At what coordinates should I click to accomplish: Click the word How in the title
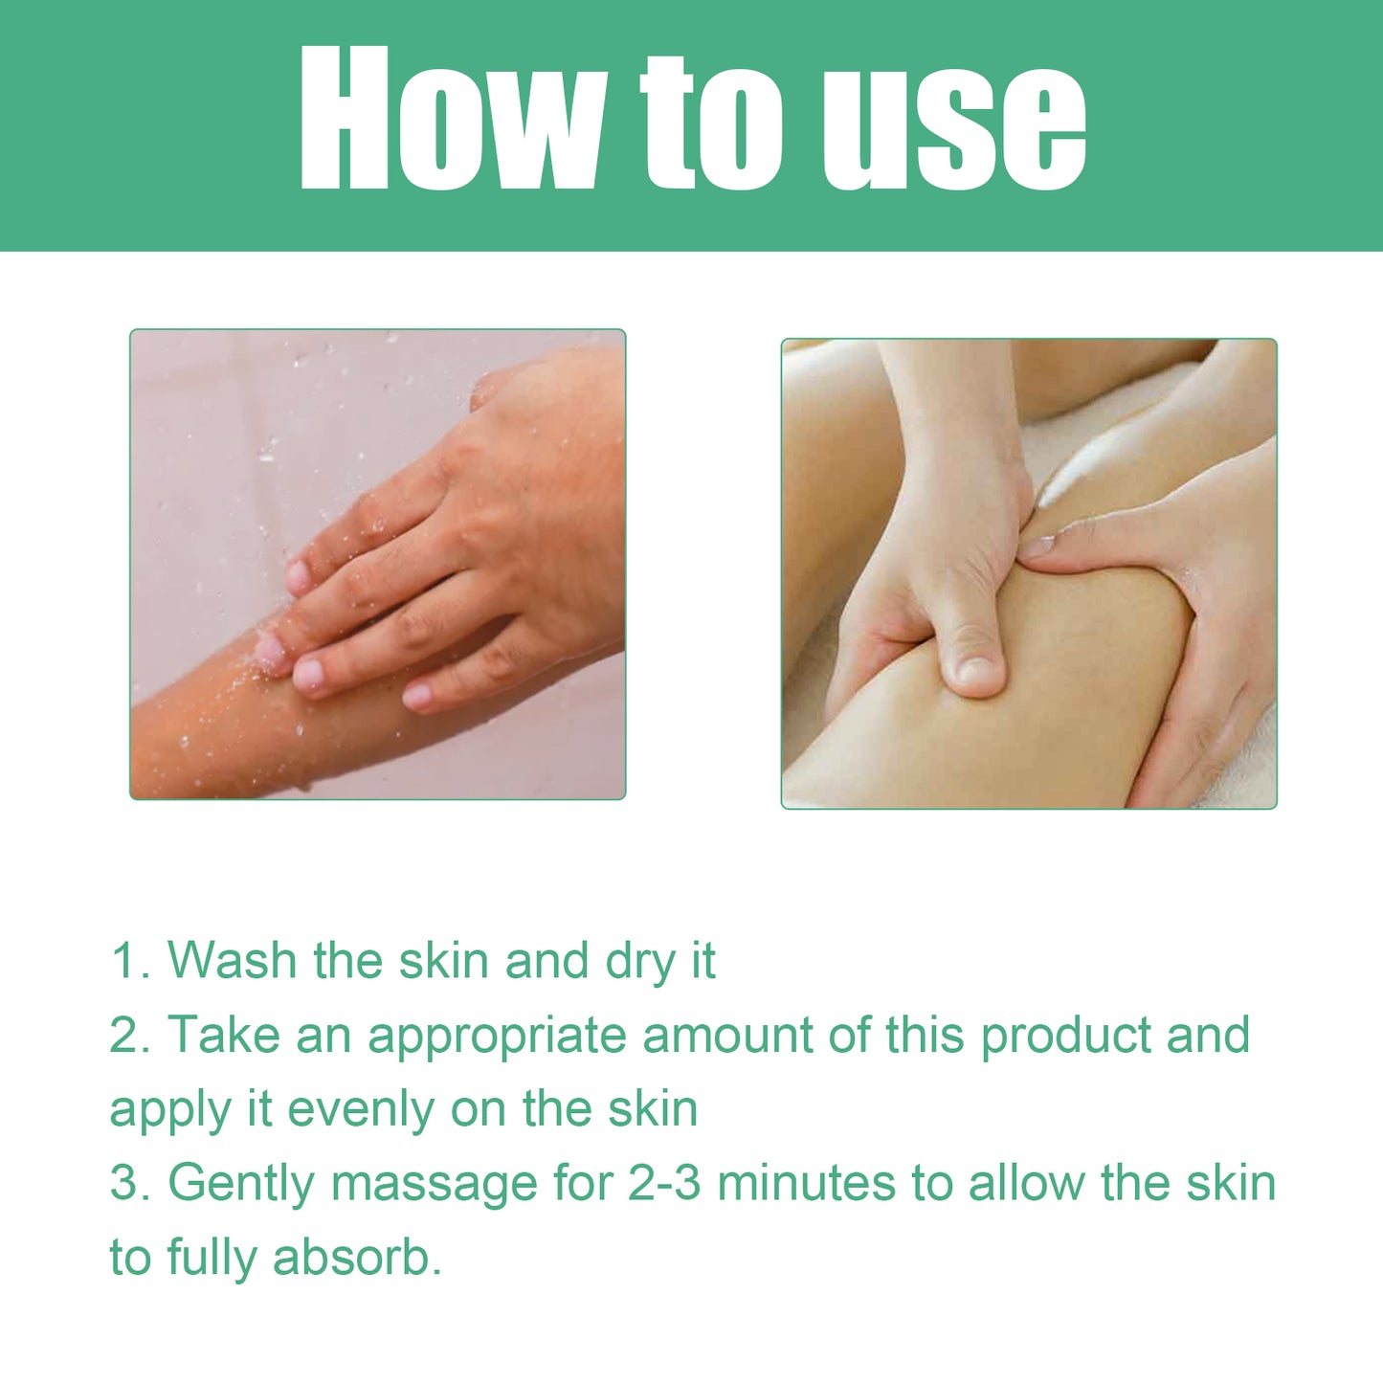point(450,120)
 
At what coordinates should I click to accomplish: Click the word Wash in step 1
point(232,960)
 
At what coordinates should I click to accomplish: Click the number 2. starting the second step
point(130,1035)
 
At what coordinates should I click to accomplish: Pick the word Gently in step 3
point(241,1185)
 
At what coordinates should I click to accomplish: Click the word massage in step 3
point(434,1185)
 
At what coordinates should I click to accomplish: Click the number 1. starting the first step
point(130,960)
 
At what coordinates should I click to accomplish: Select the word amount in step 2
point(726,1036)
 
